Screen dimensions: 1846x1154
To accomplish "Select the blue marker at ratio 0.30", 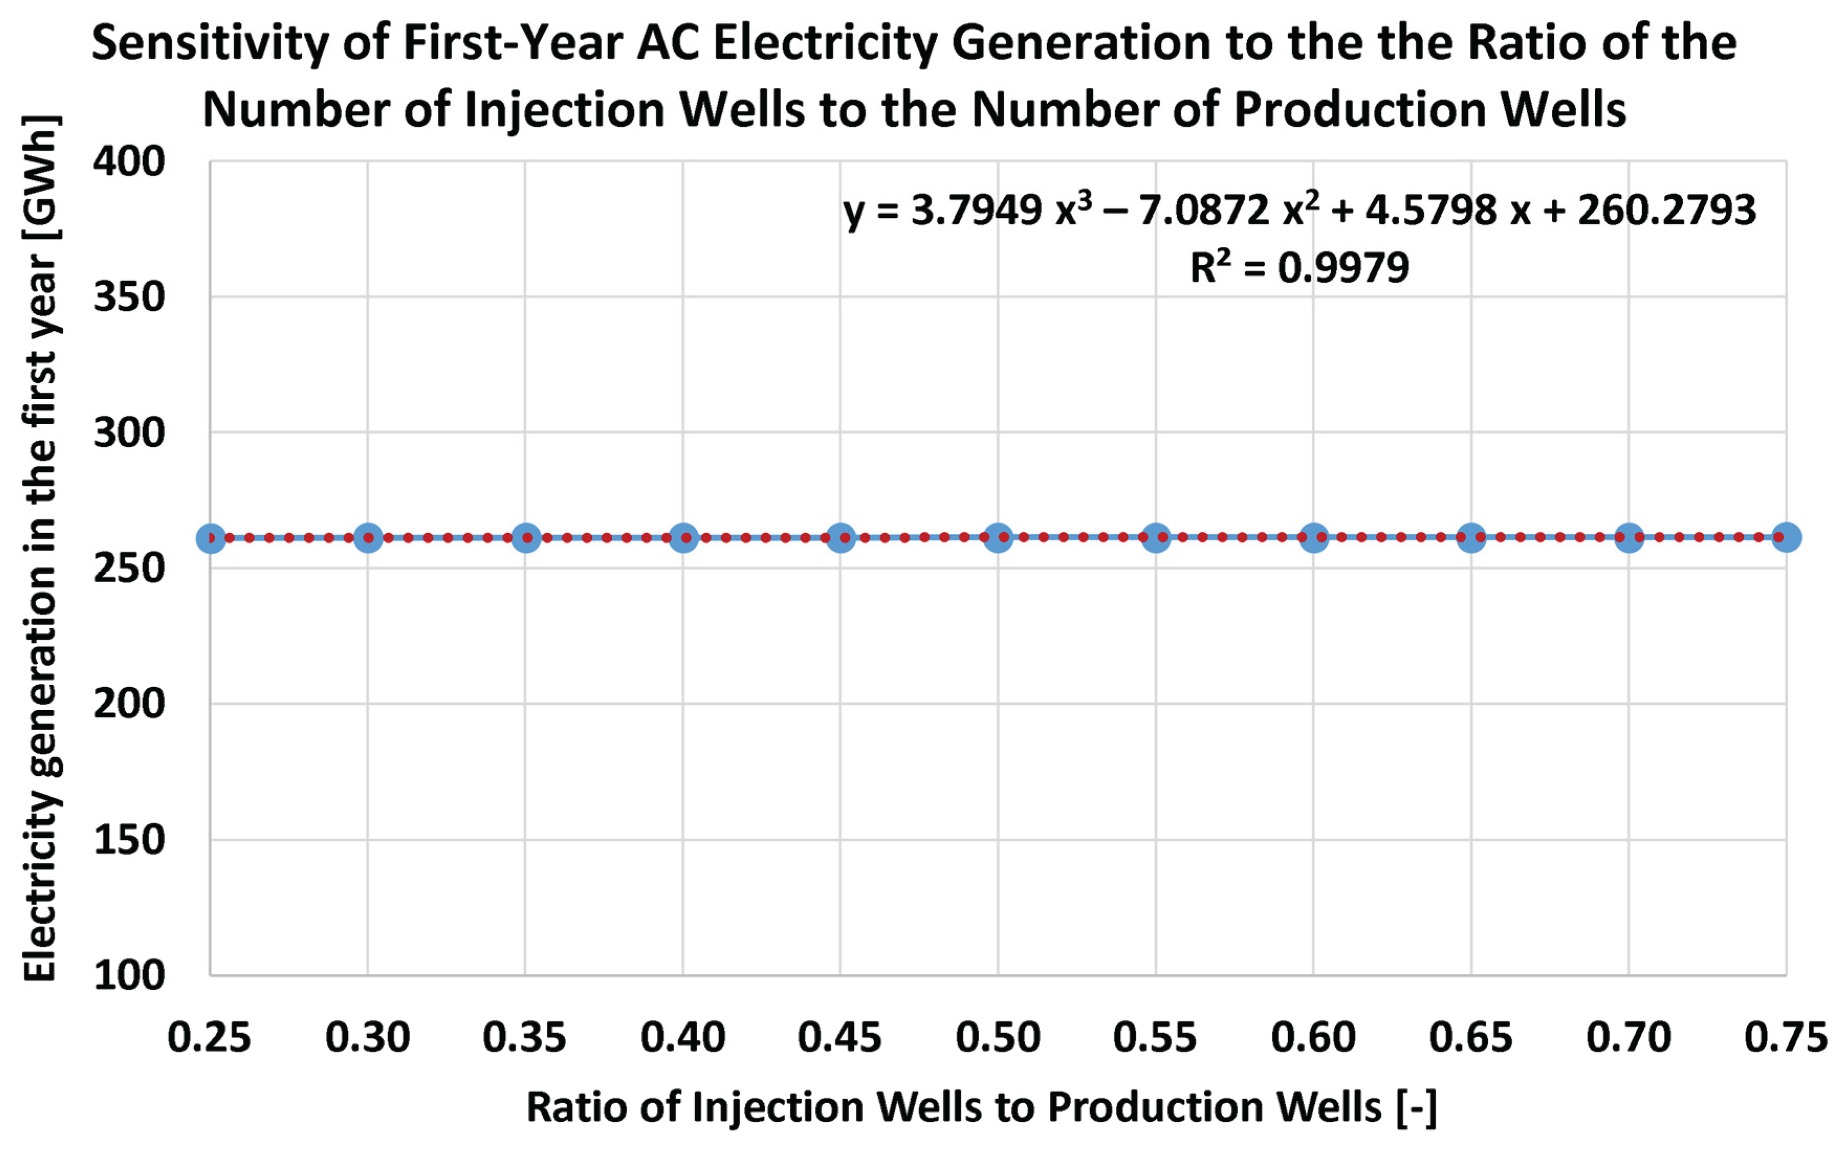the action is tap(368, 538).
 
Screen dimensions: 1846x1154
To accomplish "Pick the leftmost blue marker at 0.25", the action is tap(211, 538).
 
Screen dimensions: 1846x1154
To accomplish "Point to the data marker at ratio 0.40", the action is tap(683, 538).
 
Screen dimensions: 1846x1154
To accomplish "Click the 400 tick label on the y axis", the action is tap(129, 162).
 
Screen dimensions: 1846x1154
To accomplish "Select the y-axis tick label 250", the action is tap(129, 569).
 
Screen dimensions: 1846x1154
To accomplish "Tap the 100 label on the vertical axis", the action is tap(129, 975).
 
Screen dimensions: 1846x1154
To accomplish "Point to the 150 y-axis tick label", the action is tap(129, 840).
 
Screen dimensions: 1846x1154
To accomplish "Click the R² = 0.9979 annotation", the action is tap(1299, 267).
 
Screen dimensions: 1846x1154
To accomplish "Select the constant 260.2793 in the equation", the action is tap(1667, 210).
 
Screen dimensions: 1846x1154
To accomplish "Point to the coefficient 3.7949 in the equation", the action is tap(976, 210).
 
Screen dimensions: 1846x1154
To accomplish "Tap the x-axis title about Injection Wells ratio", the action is tap(982, 1107).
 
